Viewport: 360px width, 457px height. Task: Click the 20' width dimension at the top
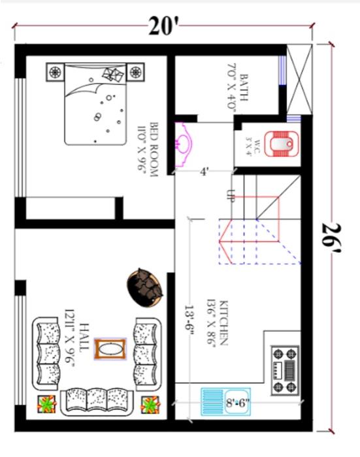163,27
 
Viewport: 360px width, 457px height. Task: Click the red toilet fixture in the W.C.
285,143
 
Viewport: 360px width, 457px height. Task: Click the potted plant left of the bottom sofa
46,404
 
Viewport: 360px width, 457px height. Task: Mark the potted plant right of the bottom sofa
150,404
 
